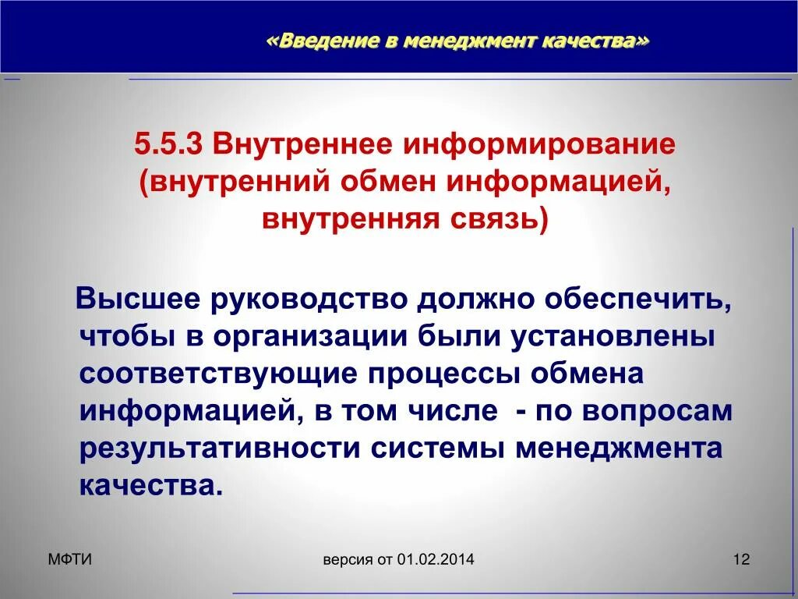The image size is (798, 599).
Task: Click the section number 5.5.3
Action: [x=168, y=145]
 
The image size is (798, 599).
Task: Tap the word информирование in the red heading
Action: [x=538, y=145]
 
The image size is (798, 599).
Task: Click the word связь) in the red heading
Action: [x=500, y=219]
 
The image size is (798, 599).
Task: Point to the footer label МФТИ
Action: [x=69, y=558]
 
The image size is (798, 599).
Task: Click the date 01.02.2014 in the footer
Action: [x=435, y=559]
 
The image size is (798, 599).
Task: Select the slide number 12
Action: [x=740, y=559]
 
